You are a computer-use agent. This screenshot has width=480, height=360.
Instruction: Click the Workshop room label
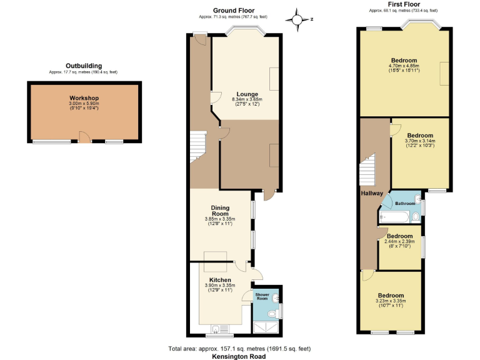pos(84,99)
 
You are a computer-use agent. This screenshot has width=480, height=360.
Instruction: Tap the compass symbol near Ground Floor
pos(299,19)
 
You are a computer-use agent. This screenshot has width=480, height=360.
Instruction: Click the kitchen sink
pos(217,329)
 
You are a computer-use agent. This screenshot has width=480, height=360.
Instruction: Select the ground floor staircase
pos(199,146)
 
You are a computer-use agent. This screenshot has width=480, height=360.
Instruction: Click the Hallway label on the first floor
pos(372,193)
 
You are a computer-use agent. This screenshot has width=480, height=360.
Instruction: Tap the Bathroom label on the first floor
pos(404,204)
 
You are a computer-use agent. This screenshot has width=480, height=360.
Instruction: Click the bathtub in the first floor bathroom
pos(395,217)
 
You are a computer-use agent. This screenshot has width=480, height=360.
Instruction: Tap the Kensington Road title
pos(240,356)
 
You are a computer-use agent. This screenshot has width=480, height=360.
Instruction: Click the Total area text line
pos(240,348)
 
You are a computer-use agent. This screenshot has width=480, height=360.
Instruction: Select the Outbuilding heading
pos(83,66)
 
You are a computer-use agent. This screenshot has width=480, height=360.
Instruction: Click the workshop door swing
pos(84,136)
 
